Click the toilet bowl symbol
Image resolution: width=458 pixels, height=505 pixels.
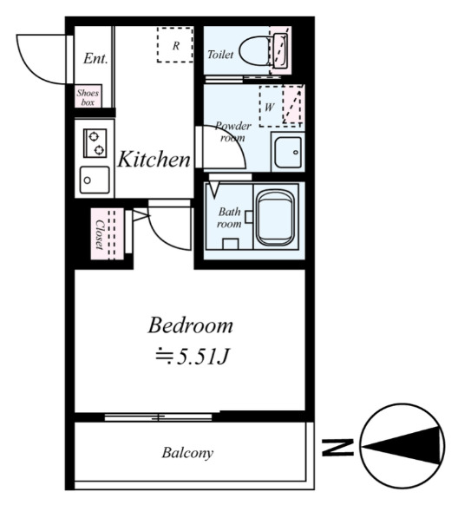[x=255, y=51]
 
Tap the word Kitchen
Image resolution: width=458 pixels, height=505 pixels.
[x=154, y=160]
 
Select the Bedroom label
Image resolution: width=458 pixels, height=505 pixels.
[x=190, y=325]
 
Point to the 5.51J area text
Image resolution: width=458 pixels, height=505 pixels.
[x=193, y=357]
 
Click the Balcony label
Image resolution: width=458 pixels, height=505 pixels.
[x=187, y=452]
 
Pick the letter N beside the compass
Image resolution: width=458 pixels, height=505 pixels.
[x=337, y=448]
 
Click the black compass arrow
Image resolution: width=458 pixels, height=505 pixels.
[x=402, y=446]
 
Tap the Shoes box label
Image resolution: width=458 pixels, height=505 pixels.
[x=88, y=97]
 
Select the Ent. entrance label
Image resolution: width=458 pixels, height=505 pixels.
[x=95, y=59]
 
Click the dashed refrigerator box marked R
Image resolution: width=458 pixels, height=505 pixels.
[x=175, y=45]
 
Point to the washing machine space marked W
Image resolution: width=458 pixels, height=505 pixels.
[x=281, y=106]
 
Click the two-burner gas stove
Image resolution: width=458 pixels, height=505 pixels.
[x=95, y=143]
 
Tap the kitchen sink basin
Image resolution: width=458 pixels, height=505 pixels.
[x=95, y=180]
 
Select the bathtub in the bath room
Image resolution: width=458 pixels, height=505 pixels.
[x=276, y=217]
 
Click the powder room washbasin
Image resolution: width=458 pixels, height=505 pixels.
[x=288, y=152]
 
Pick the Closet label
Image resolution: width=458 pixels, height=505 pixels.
[x=100, y=234]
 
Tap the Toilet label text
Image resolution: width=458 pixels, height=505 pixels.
[x=220, y=55]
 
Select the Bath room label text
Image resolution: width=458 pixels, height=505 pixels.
[x=229, y=218]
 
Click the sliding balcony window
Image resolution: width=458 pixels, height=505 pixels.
[x=159, y=417]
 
